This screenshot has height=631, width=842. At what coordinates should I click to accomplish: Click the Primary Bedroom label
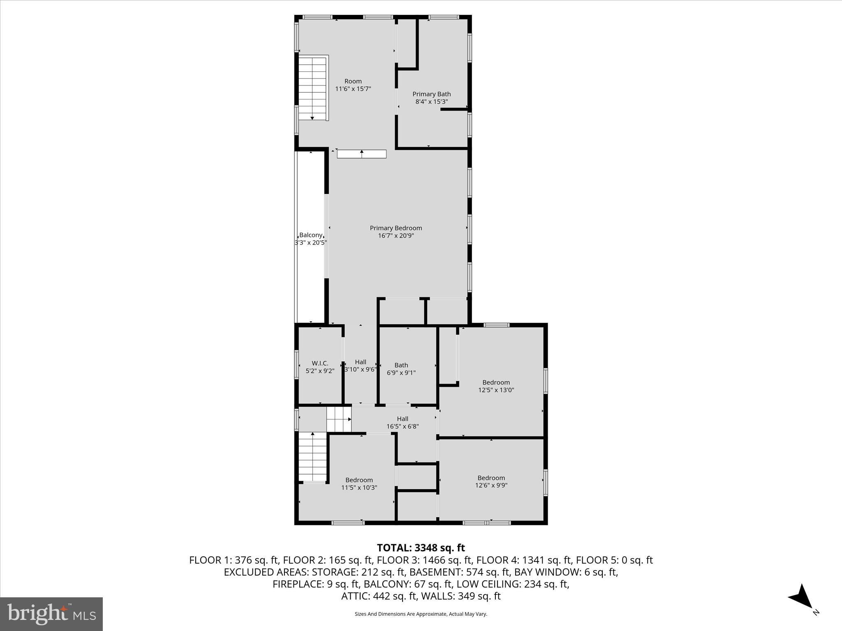396,228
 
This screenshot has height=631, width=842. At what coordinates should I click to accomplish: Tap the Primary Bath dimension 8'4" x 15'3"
431,101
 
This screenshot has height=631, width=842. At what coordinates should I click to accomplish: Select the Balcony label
310,235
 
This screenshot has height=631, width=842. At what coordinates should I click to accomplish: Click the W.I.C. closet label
320,363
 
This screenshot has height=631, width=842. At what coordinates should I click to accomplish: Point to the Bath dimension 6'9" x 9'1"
401,373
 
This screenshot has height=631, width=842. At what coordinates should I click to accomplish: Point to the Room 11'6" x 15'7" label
353,85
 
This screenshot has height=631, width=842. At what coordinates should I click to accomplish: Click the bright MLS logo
51,614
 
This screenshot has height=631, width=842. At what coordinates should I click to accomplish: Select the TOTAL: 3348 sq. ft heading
421,548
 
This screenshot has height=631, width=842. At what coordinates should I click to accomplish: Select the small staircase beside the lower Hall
339,419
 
